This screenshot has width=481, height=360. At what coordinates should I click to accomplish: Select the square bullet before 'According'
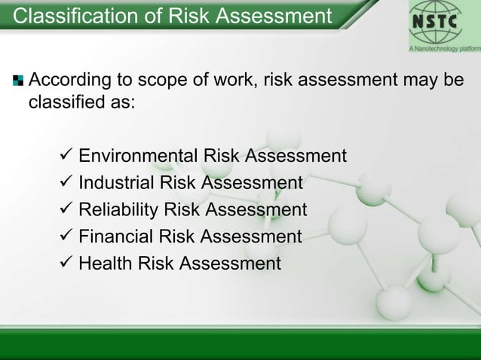click(x=17, y=80)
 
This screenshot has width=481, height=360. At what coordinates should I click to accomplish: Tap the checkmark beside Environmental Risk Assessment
click(x=65, y=156)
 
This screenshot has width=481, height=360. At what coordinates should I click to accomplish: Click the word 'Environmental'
click(x=137, y=156)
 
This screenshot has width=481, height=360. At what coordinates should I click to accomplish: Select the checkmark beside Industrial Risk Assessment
click(x=65, y=182)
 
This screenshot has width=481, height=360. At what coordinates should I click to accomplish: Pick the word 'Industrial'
click(x=115, y=182)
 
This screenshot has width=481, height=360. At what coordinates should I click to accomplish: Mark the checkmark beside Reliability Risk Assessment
click(x=65, y=209)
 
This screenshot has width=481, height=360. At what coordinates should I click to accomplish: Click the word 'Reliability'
click(x=118, y=209)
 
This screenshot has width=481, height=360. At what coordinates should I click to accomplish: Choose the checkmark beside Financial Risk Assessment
click(x=65, y=236)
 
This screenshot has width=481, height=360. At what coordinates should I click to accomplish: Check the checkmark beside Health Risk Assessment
click(x=65, y=264)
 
